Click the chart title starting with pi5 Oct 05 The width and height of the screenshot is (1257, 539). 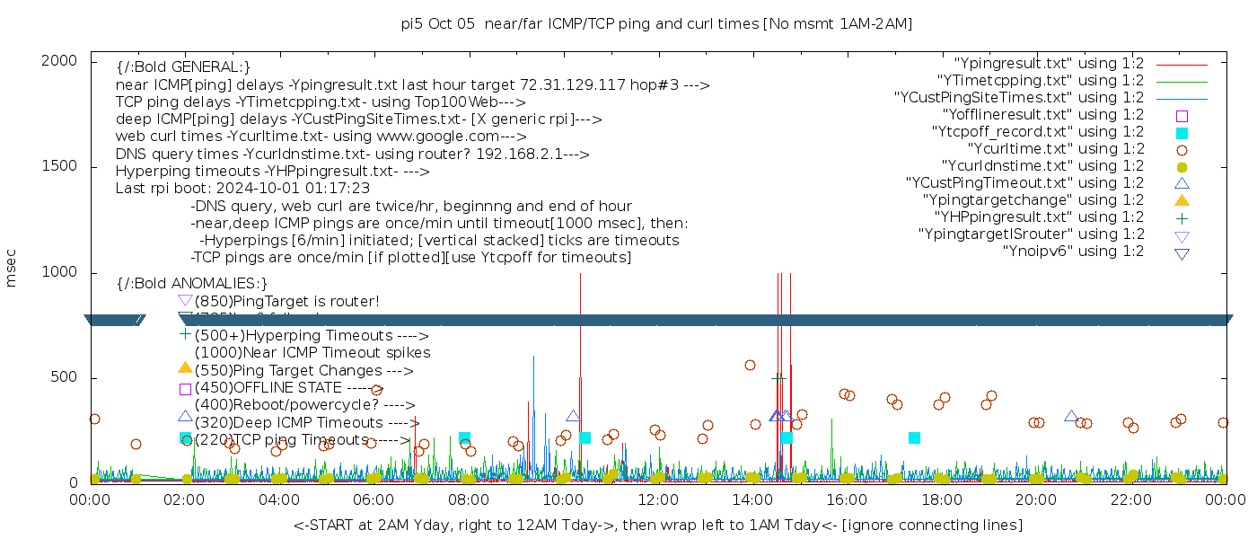point(656,23)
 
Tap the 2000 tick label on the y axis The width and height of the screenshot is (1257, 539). point(64,60)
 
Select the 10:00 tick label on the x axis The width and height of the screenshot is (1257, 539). point(563,499)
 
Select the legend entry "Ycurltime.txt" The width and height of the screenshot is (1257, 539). point(1055,149)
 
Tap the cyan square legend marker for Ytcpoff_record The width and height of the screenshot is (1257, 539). point(1182,133)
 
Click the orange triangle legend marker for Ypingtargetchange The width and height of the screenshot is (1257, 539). point(1182,200)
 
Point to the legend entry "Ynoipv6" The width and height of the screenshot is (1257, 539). point(1073,252)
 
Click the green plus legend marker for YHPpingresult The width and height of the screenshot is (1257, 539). point(1182,217)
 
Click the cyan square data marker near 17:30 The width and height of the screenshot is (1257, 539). point(914,437)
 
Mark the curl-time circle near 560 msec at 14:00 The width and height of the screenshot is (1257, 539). point(750,365)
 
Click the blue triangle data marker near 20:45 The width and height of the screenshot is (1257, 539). point(1071,416)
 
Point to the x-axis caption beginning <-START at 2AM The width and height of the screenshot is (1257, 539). point(657,525)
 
